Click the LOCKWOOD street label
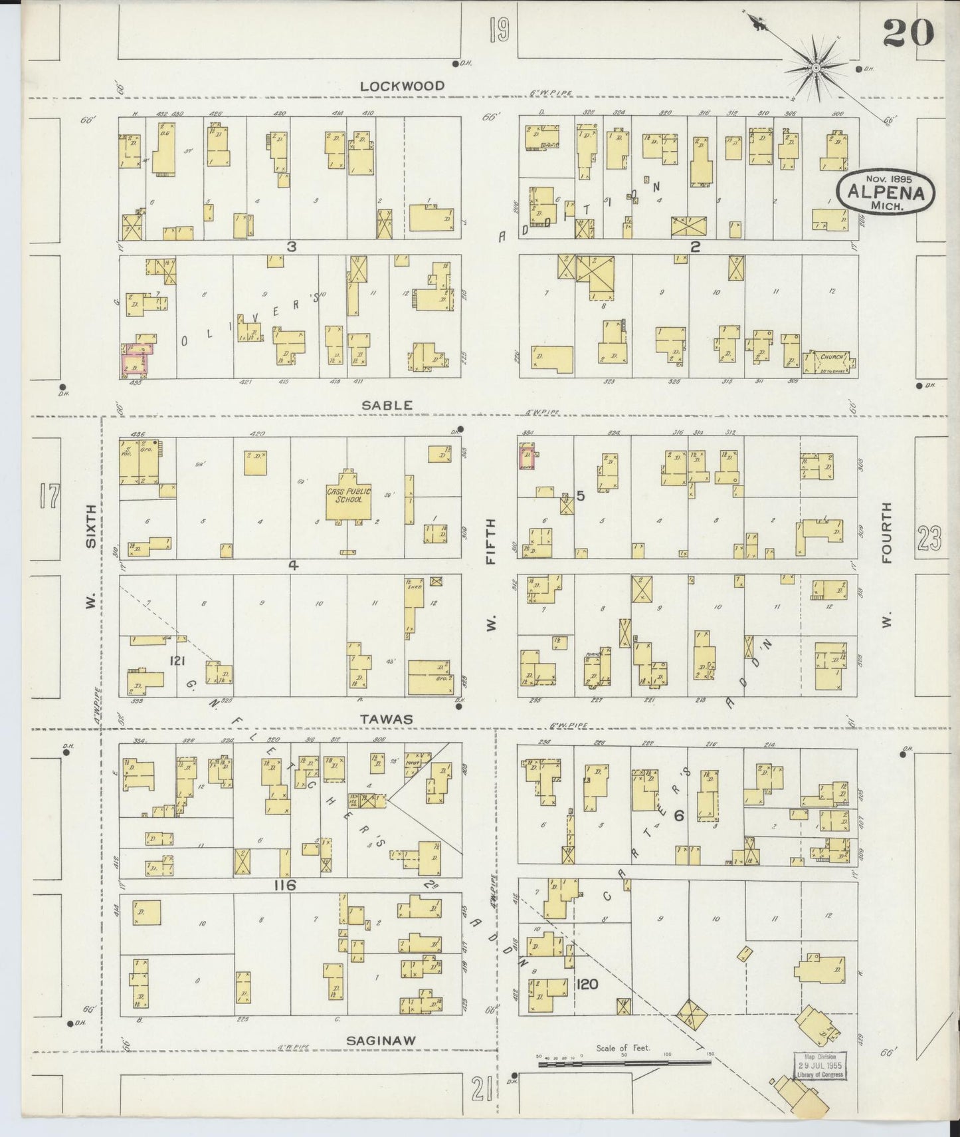pyautogui.click(x=402, y=86)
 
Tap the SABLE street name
pyautogui.click(x=397, y=405)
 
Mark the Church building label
pyautogui.click(x=831, y=357)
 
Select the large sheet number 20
pyautogui.click(x=908, y=33)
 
